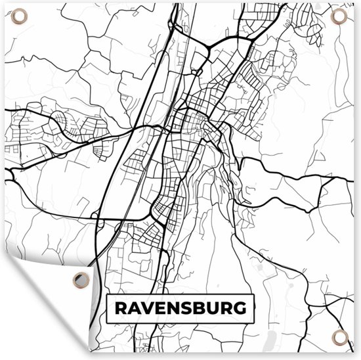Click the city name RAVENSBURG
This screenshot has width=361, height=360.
pyautogui.click(x=181, y=307)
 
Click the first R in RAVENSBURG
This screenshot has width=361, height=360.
pyautogui.click(x=121, y=307)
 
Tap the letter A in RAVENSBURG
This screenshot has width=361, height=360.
pyautogui.click(x=135, y=307)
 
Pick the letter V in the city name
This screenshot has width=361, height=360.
pyautogui.click(x=148, y=307)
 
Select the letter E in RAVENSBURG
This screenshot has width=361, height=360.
pyautogui.click(x=161, y=307)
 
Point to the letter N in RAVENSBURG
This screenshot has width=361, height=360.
pyautogui.click(x=174, y=307)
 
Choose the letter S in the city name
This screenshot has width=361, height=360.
pyautogui.click(x=187, y=307)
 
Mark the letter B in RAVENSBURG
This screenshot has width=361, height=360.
pyautogui.click(x=200, y=307)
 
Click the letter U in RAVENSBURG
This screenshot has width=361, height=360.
pyautogui.click(x=213, y=307)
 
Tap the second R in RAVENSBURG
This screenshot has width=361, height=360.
pyautogui.click(x=226, y=307)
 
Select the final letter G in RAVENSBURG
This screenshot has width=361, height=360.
pyautogui.click(x=241, y=307)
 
